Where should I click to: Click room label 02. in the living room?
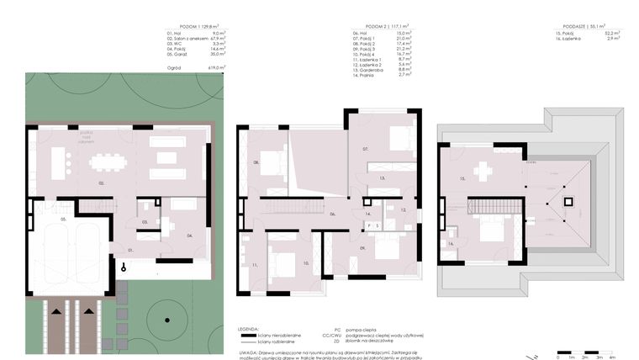tap(102, 182)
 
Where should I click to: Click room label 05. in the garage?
tap(62, 219)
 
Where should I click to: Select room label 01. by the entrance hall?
tap(130, 250)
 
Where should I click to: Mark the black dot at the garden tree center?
tap(166, 319)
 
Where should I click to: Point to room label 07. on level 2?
tap(366, 149)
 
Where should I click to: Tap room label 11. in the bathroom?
tap(253, 266)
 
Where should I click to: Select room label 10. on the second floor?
tap(306, 263)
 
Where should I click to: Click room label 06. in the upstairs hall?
tap(332, 214)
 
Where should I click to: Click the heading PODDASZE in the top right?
tap(569, 27)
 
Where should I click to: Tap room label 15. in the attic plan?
tap(462, 178)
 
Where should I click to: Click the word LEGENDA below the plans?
tap(248, 326)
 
